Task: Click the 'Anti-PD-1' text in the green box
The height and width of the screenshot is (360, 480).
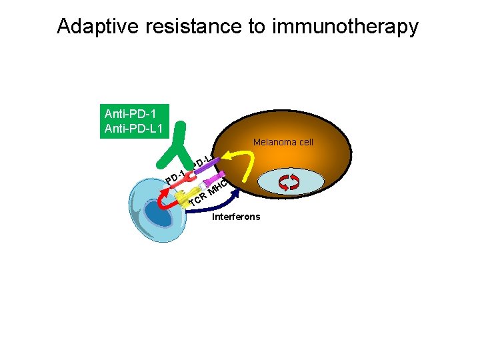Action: tap(127, 113)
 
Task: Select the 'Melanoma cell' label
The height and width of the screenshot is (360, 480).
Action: tap(283, 142)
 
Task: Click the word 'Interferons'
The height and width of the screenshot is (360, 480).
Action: tap(236, 217)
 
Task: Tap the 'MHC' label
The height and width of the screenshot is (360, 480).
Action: tap(218, 187)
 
